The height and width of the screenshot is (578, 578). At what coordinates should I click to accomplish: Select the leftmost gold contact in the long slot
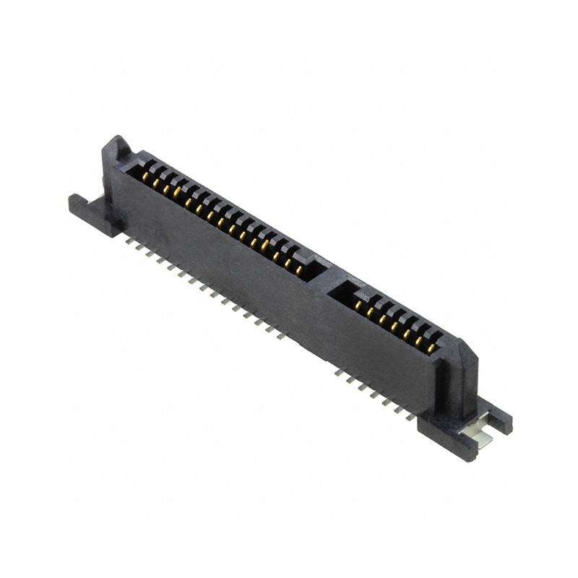144,176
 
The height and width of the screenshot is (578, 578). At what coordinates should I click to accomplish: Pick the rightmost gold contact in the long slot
298,269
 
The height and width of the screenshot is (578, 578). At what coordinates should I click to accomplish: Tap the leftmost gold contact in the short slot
358,305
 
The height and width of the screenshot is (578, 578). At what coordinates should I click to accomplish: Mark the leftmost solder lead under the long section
129,241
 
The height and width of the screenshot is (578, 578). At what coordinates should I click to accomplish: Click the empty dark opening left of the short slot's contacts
343,293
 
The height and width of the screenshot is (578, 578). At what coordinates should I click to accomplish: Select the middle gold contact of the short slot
394,327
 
